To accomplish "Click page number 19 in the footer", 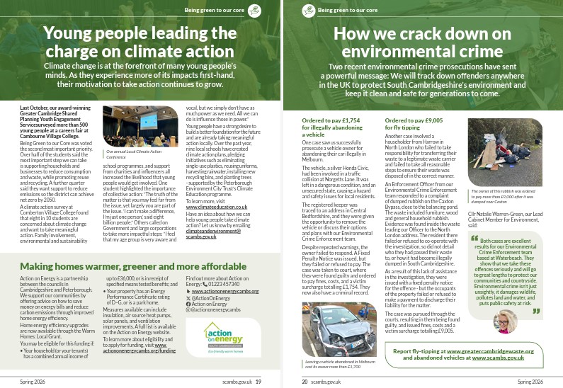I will [x=258, y=381].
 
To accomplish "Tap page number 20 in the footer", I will [x=305, y=381].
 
